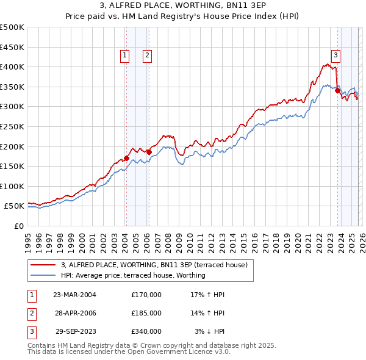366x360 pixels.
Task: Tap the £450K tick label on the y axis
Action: [12, 47]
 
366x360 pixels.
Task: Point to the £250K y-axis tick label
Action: [12, 126]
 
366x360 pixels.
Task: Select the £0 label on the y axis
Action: [18, 226]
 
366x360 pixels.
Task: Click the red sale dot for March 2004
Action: [126, 158]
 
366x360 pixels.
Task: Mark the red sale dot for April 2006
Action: [149, 152]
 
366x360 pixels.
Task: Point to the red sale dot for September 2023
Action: [337, 90]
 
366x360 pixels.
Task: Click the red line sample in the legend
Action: [44, 265]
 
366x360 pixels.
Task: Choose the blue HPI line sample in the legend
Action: [44, 275]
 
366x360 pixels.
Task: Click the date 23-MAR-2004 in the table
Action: [74, 295]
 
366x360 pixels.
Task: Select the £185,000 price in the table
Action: [146, 313]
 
